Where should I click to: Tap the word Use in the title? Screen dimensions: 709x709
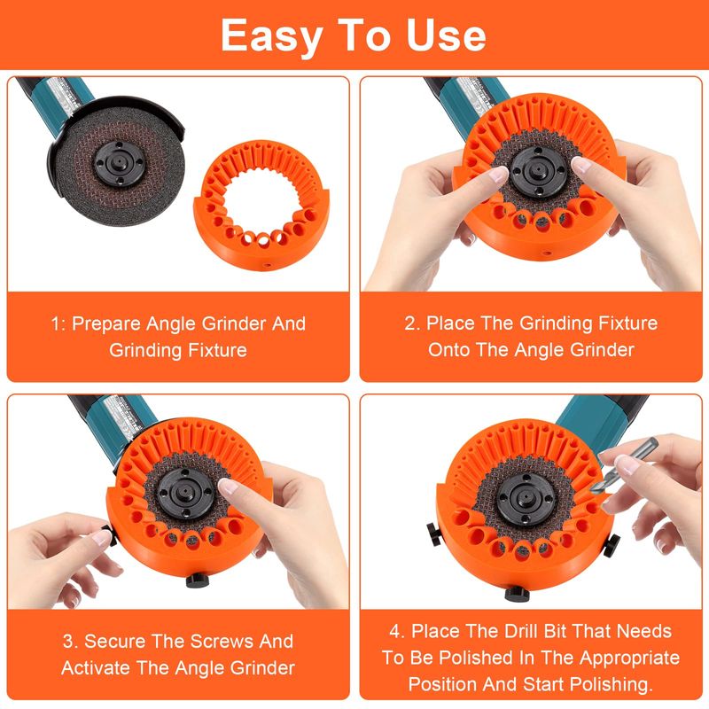pyautogui.click(x=446, y=35)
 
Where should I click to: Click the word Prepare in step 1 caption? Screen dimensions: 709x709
pyautogui.click(x=106, y=324)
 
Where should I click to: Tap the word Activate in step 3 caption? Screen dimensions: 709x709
pyautogui.click(x=96, y=668)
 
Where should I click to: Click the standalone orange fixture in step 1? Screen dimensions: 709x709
pyautogui.click(x=261, y=205)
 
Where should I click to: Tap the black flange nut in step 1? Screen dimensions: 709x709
pyautogui.click(x=119, y=163)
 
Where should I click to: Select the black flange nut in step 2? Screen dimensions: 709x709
pyautogui.click(x=537, y=170)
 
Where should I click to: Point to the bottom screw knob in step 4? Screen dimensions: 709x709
pyautogui.click(x=517, y=594)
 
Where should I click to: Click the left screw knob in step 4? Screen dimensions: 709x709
pyautogui.click(x=436, y=534)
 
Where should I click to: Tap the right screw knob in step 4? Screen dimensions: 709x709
pyautogui.click(x=612, y=543)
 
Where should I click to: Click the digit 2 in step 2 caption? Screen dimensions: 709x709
pyautogui.click(x=409, y=323)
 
